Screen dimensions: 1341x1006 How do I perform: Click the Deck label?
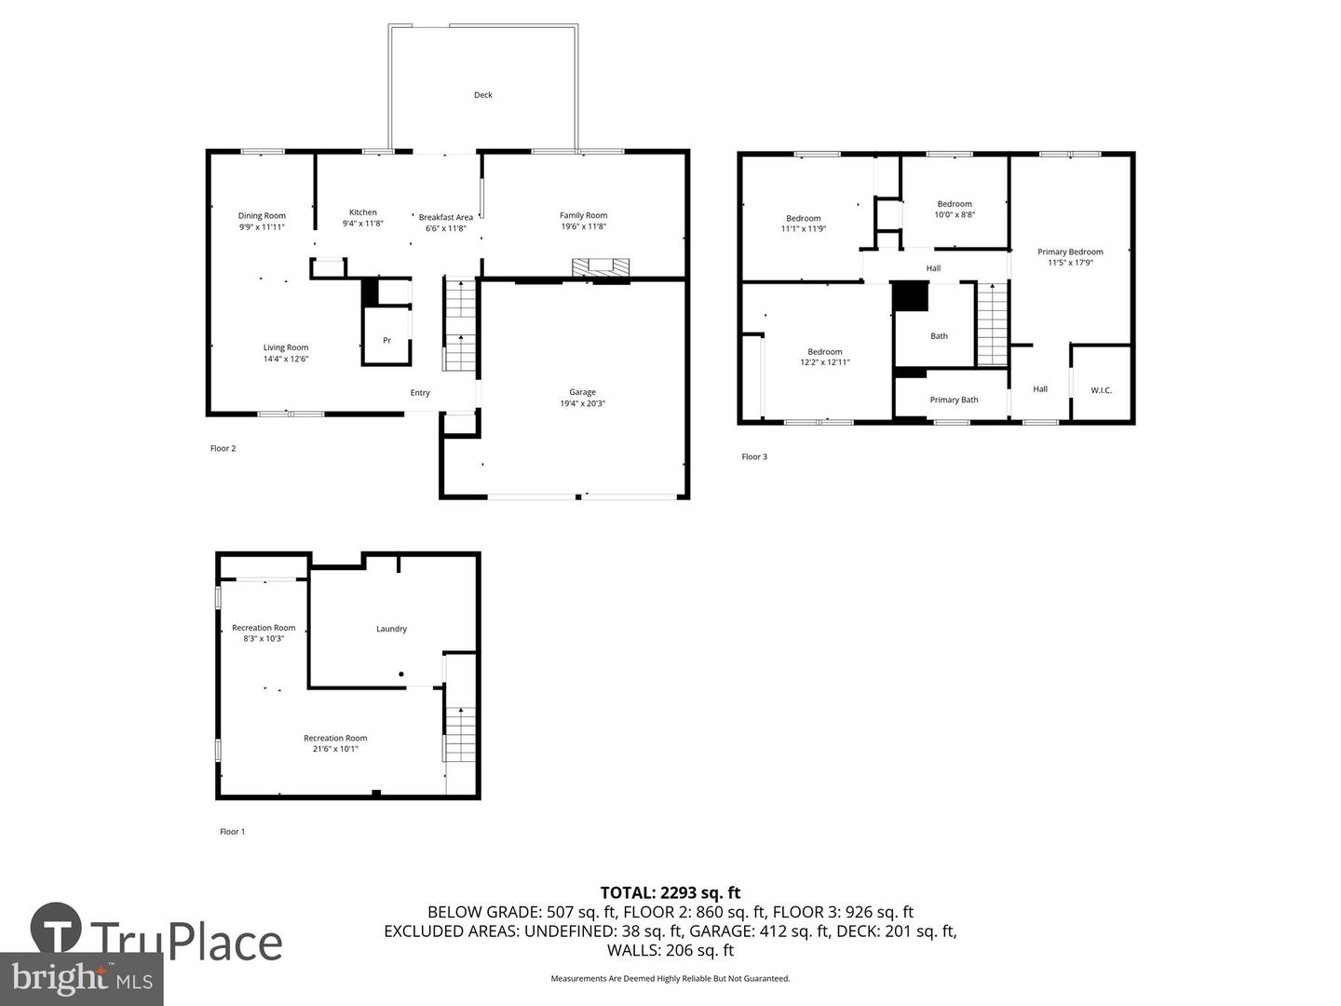482,95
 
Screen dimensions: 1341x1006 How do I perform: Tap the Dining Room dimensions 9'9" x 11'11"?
262,226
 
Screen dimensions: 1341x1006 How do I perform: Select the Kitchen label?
363,212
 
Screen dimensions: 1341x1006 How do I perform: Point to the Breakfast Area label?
445,217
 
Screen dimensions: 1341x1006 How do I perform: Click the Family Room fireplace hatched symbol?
600,267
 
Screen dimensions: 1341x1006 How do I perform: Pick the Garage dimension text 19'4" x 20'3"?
582,403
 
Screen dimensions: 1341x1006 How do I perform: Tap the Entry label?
420,393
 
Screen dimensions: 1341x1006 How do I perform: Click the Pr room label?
386,340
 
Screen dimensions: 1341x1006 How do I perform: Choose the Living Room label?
285,347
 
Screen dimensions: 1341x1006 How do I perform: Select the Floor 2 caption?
223,448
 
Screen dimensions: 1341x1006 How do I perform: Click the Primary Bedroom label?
1070,251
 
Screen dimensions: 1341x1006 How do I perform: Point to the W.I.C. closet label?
1101,390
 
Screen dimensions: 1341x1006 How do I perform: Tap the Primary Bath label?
954,400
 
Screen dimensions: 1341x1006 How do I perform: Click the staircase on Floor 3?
992,324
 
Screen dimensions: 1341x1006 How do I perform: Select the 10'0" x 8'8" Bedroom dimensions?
955,214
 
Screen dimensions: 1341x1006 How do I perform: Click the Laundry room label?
391,629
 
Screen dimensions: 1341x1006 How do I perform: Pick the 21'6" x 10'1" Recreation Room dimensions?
335,749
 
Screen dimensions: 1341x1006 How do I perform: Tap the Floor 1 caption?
232,831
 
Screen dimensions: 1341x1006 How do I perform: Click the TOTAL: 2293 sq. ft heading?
670,893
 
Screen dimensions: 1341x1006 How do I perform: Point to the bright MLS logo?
81,978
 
